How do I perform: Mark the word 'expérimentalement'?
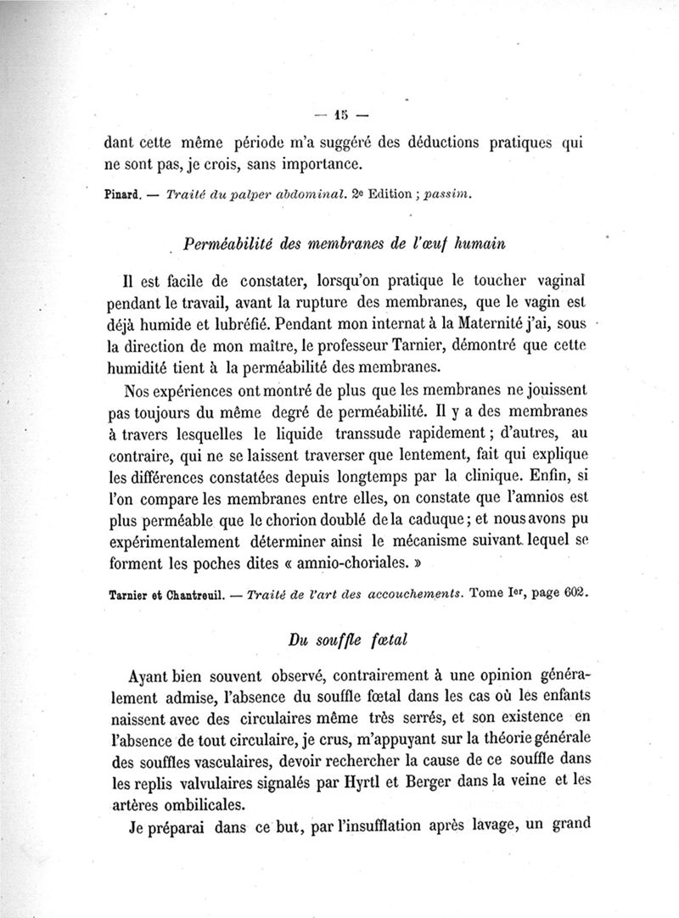coord(167,540)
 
